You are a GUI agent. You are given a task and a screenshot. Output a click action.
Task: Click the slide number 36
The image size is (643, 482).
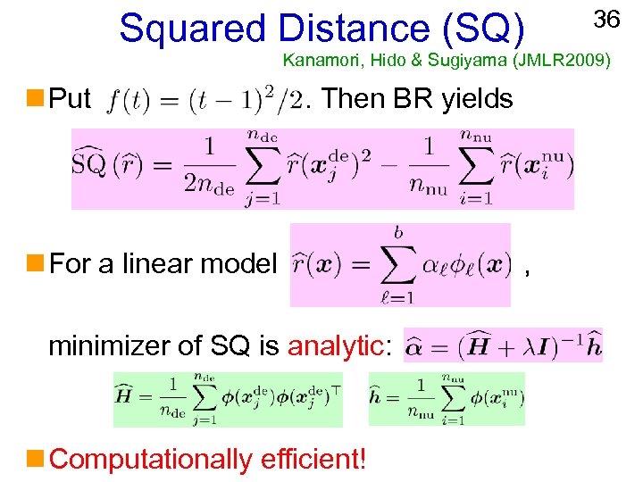pos(606,19)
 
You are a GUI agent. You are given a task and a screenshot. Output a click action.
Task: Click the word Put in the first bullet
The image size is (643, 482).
pos(71,98)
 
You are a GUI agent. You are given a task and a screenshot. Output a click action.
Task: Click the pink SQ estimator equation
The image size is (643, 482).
pos(322,169)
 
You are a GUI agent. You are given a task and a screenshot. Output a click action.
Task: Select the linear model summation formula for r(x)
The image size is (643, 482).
pos(400,265)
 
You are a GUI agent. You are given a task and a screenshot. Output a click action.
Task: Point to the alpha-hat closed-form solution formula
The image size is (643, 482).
pos(503,345)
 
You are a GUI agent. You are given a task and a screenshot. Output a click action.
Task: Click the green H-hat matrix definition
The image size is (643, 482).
pos(229,399)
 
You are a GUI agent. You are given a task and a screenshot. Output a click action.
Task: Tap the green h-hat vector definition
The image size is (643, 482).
pos(447,399)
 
